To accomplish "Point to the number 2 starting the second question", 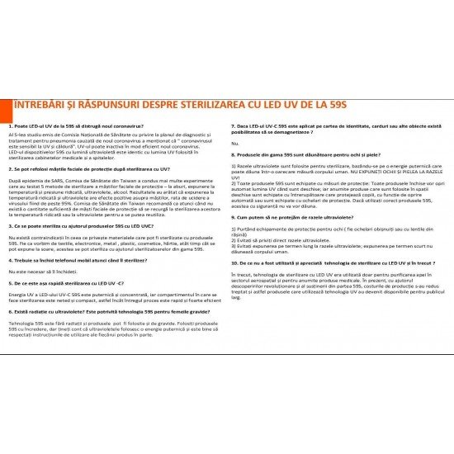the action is (9, 168).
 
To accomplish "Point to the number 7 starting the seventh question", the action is (233, 125).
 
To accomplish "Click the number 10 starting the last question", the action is (234, 262).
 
